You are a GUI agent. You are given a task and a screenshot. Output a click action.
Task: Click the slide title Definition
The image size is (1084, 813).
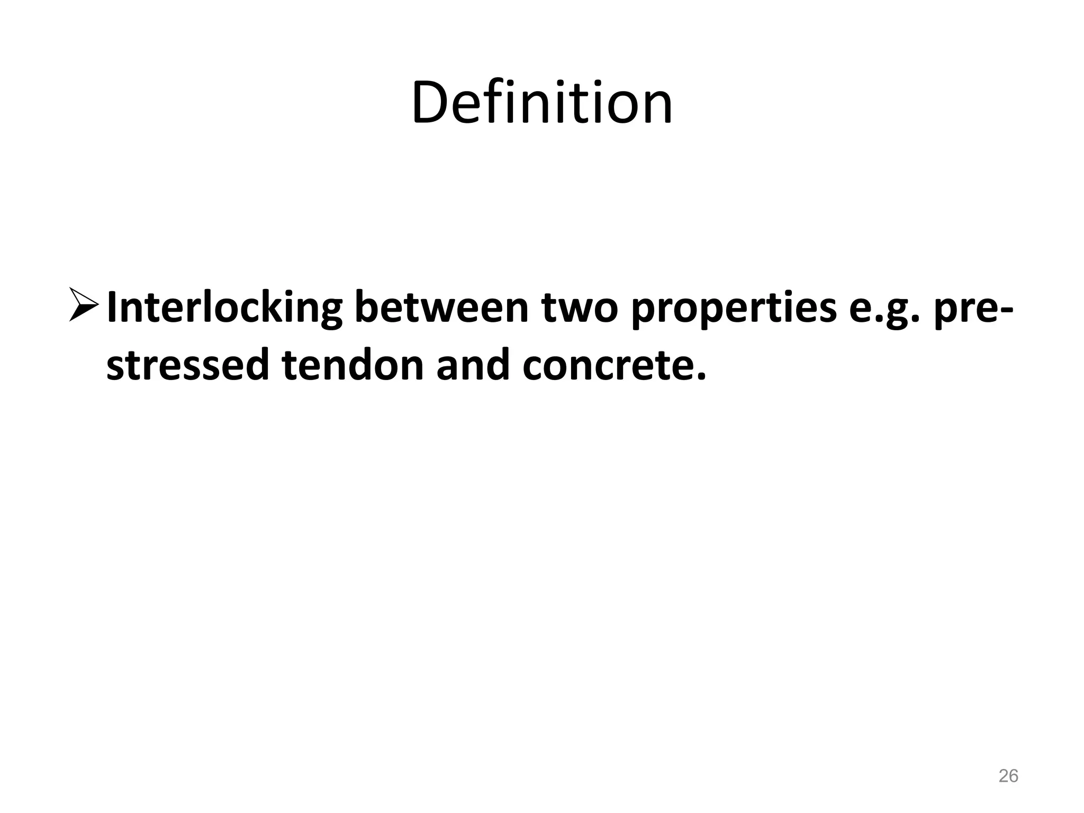click(x=541, y=103)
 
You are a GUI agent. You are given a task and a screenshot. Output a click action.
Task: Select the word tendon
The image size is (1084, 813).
click(x=353, y=365)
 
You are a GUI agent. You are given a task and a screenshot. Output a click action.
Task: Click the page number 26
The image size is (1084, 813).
click(x=1008, y=776)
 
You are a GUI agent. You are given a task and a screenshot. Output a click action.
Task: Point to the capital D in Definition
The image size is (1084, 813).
click(x=429, y=103)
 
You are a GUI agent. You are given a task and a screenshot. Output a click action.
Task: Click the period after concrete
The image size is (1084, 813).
click(x=701, y=377)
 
